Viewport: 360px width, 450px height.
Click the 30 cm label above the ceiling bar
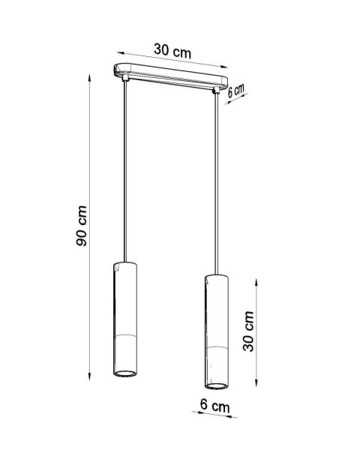point(172,50)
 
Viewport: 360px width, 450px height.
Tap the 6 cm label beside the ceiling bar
point(237,90)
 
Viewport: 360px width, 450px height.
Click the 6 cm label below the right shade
point(214,406)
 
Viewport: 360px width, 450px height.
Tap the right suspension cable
point(218,180)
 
